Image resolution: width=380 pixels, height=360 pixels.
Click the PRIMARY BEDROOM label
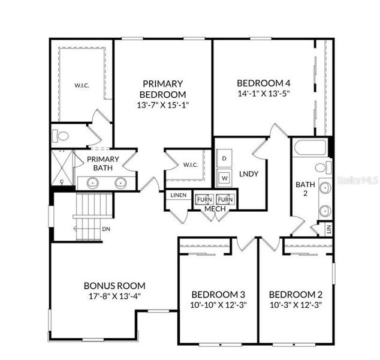[162, 89]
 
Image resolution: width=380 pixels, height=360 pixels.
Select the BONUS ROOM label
[114, 286]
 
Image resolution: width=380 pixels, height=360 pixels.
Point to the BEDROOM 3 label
[218, 295]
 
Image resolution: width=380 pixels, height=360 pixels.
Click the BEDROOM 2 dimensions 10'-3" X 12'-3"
[295, 305]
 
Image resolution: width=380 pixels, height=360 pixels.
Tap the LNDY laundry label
[248, 173]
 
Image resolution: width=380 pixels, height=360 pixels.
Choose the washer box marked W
[224, 178]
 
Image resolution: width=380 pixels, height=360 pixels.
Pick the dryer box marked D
[224, 158]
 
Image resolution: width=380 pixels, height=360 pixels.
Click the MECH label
[215, 208]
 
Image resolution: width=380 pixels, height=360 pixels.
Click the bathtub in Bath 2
[310, 148]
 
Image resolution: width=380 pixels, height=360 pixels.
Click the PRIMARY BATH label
[102, 163]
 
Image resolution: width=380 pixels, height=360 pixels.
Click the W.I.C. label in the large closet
[82, 85]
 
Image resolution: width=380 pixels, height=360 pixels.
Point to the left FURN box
[204, 199]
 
